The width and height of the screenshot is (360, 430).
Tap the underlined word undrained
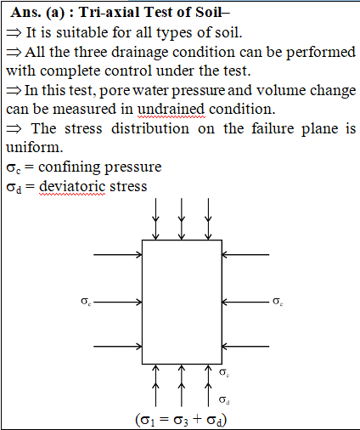pyautogui.click(x=171, y=110)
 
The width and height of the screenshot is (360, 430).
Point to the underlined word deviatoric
pyautogui.click(x=72, y=187)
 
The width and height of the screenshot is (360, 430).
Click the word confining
pyautogui.click(x=70, y=167)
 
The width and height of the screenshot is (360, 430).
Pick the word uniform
pyautogui.click(x=34, y=147)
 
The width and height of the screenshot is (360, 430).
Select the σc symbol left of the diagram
pyautogui.click(x=86, y=302)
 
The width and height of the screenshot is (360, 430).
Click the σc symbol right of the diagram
pyautogui.click(x=278, y=302)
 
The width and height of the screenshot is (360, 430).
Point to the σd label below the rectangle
pyautogui.click(x=224, y=399)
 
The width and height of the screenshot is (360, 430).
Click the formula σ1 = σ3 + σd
pyautogui.click(x=181, y=420)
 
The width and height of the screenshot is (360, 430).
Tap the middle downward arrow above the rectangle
pyautogui.click(x=182, y=219)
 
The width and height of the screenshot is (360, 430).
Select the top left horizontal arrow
pyautogui.click(x=118, y=255)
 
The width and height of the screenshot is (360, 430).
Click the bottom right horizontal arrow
pyautogui.click(x=245, y=346)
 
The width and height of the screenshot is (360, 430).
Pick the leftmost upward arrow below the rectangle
pyautogui.click(x=155, y=386)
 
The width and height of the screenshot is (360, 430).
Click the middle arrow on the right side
pyautogui.click(x=245, y=303)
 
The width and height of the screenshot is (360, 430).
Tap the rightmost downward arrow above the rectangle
pyautogui.click(x=208, y=219)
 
